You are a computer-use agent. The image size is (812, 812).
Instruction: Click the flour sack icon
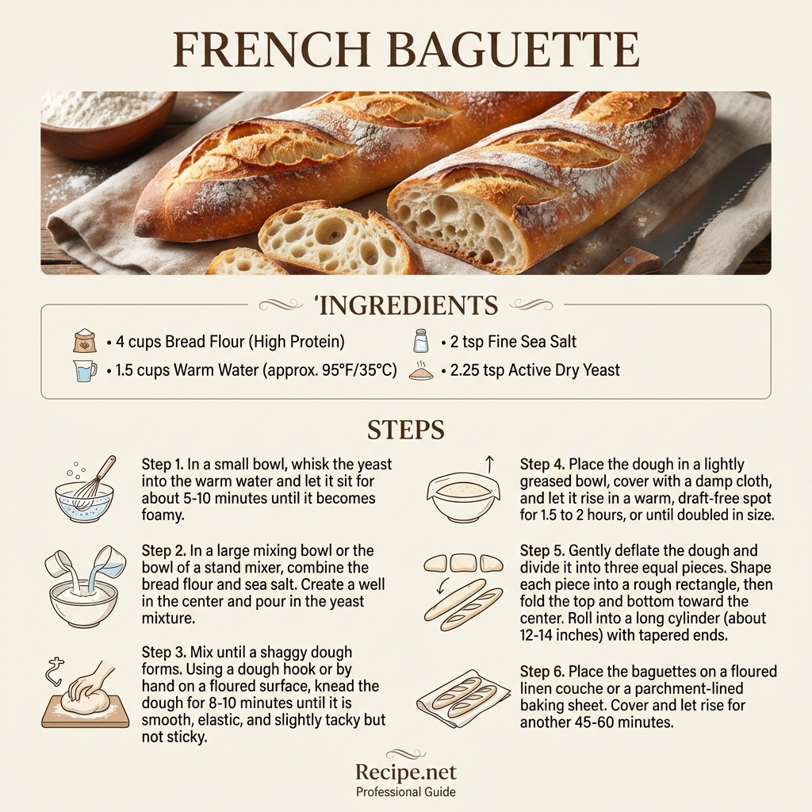pyautogui.click(x=84, y=342)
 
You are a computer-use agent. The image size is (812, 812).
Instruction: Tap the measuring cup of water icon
pyautogui.click(x=84, y=370)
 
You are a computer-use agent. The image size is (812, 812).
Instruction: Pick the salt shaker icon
pyautogui.click(x=420, y=342)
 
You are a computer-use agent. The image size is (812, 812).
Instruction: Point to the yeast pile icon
pyautogui.click(x=421, y=370)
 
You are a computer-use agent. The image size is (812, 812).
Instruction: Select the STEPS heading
pyautogui.click(x=405, y=430)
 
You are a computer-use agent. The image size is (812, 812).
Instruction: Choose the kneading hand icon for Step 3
pyautogui.click(x=85, y=693)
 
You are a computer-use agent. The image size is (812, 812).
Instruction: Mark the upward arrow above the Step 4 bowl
pyautogui.click(x=488, y=462)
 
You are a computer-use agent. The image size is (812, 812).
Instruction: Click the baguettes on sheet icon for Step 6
pyautogui.click(x=465, y=697)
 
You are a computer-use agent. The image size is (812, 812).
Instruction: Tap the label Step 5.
pyautogui.click(x=542, y=550)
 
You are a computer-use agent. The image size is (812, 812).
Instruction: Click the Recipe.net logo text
pyautogui.click(x=405, y=772)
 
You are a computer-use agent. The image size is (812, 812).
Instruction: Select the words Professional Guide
pyautogui.click(x=405, y=792)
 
